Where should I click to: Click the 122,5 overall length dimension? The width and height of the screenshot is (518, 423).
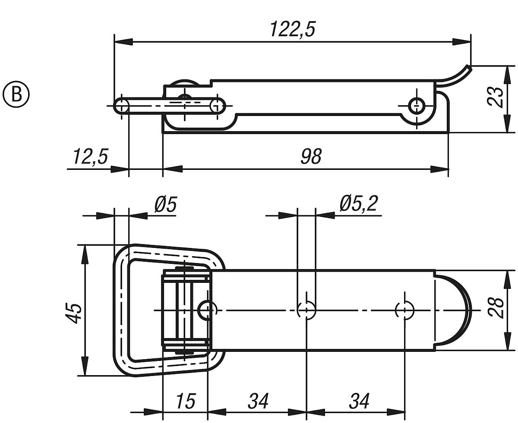pyautogui.click(x=293, y=30)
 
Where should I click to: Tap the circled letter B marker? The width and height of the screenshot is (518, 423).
pyautogui.click(x=16, y=94)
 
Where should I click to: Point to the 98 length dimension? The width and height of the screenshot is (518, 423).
pyautogui.click(x=311, y=157)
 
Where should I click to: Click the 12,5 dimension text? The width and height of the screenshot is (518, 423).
pyautogui.click(x=90, y=157)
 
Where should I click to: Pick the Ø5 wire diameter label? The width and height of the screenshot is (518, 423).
pyautogui.click(x=165, y=204)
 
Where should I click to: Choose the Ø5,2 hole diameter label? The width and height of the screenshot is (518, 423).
pyautogui.click(x=358, y=204)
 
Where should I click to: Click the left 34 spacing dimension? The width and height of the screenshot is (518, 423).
pyautogui.click(x=258, y=401)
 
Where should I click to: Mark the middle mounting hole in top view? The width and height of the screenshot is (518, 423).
pyautogui.click(x=306, y=310)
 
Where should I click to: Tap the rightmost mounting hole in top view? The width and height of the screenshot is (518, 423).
pyautogui.click(x=405, y=310)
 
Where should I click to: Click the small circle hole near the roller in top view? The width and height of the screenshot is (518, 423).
pyautogui.click(x=207, y=309)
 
